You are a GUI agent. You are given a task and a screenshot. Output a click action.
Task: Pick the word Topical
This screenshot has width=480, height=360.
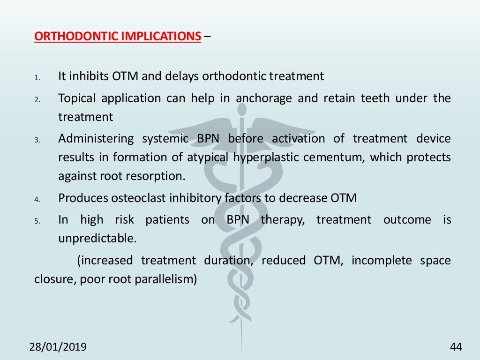77,98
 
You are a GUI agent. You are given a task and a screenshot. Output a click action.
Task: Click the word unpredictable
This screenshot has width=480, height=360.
97,239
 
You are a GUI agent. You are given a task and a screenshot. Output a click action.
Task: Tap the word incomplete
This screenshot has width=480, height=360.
379,261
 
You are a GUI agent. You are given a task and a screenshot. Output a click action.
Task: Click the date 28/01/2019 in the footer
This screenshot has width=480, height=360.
58,347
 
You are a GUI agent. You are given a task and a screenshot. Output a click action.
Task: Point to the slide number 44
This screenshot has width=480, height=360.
456,347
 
